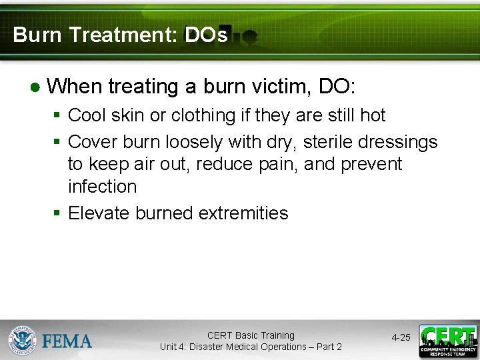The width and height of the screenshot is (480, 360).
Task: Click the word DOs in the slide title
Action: (x=206, y=35)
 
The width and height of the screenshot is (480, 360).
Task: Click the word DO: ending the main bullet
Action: (x=337, y=86)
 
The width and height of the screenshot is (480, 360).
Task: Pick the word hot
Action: (x=372, y=115)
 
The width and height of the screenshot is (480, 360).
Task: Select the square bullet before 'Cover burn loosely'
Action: (x=57, y=142)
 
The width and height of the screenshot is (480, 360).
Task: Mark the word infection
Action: (x=102, y=187)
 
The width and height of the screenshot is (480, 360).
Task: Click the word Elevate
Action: (x=99, y=213)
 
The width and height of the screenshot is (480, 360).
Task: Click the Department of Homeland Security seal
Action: (x=22, y=340)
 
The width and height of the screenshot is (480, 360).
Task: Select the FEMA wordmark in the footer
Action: (x=67, y=341)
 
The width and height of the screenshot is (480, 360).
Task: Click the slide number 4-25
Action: (x=401, y=338)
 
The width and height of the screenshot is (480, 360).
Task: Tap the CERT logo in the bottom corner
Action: (x=447, y=341)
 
